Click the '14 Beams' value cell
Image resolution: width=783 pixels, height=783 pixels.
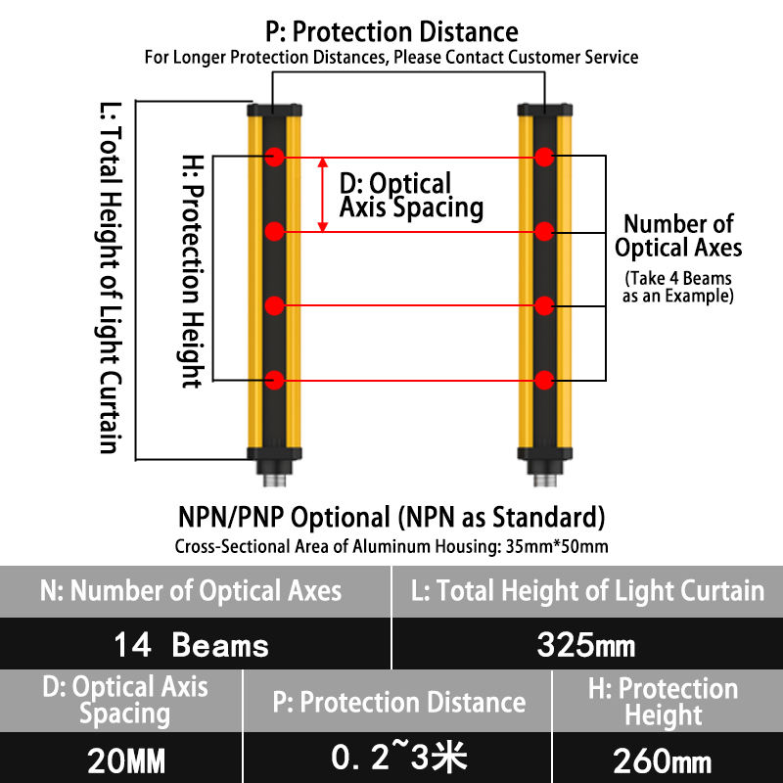[x=192, y=646]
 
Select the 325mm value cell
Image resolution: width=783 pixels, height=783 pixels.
[x=586, y=646]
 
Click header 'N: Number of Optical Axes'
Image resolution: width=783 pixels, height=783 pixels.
[x=192, y=591]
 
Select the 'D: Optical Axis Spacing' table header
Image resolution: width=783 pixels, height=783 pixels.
[x=125, y=700]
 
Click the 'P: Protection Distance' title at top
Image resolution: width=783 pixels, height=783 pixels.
[x=391, y=32]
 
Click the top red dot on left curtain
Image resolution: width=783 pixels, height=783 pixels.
[x=275, y=157]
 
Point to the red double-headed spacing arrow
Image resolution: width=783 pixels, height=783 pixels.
[x=324, y=194]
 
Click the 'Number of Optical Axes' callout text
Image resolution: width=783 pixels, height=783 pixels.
[x=678, y=236]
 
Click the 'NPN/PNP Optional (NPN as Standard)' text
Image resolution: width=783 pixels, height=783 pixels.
[x=391, y=516]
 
